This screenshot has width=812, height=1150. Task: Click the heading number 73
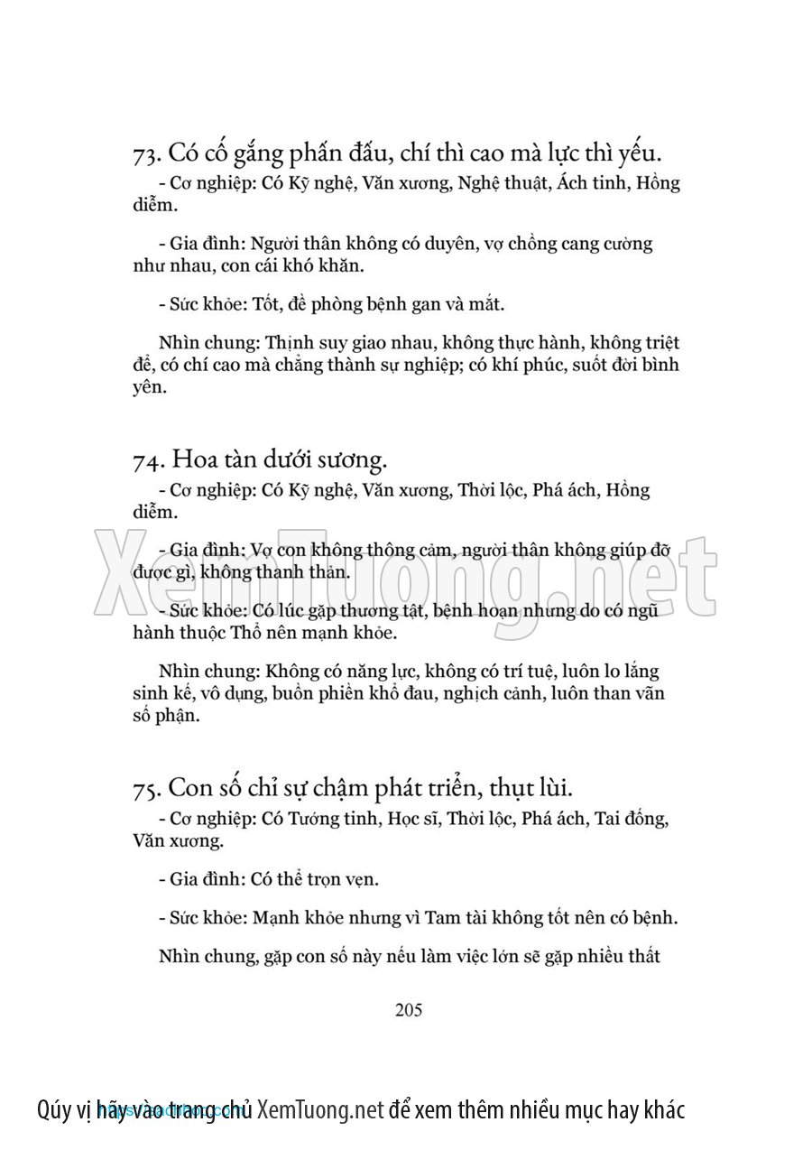[x=146, y=155]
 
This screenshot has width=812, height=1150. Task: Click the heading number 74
[x=146, y=460]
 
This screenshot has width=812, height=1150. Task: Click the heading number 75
[x=146, y=788]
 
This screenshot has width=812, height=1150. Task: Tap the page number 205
[x=409, y=1009]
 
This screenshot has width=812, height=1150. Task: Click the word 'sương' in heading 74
[x=353, y=460]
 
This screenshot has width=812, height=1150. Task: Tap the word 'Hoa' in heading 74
[x=194, y=460]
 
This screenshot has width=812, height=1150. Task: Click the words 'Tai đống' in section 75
[x=631, y=819]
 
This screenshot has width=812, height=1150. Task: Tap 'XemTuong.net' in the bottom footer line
[x=320, y=1109]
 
